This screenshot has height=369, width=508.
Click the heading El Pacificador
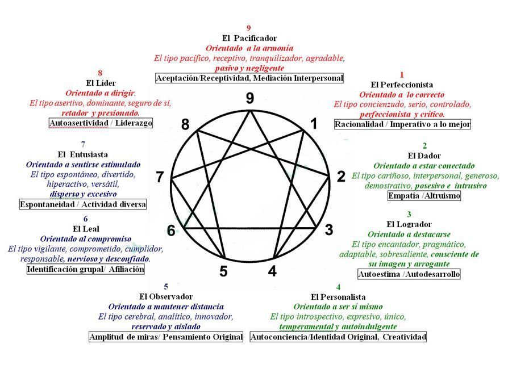coord(249,38)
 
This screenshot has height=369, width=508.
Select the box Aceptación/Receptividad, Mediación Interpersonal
coord(249,78)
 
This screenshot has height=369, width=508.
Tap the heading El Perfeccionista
coord(402,85)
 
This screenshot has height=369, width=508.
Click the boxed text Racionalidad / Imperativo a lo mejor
coord(402,124)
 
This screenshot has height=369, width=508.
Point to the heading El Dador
coord(424,156)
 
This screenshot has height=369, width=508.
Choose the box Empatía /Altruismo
coord(424,195)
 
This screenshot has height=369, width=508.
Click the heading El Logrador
coord(409,224)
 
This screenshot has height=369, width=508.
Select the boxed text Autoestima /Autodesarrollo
coord(409,274)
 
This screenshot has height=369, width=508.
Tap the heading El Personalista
coord(338,297)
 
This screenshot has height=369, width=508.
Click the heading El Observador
coord(166,296)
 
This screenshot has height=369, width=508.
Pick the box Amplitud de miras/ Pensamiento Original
coord(166,337)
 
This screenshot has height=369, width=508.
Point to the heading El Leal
coord(86,229)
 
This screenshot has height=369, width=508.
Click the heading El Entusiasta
coord(83,154)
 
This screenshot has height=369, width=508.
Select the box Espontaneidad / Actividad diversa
coord(83,204)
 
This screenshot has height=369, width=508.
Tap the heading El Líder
coord(101,83)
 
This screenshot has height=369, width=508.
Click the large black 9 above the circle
coord(250,98)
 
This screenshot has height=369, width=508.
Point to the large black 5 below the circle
coord(223,271)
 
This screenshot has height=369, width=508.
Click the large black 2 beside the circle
coord(341,177)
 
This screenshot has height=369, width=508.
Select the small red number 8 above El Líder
coord(100,73)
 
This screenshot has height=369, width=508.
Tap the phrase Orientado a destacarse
coord(409,234)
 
